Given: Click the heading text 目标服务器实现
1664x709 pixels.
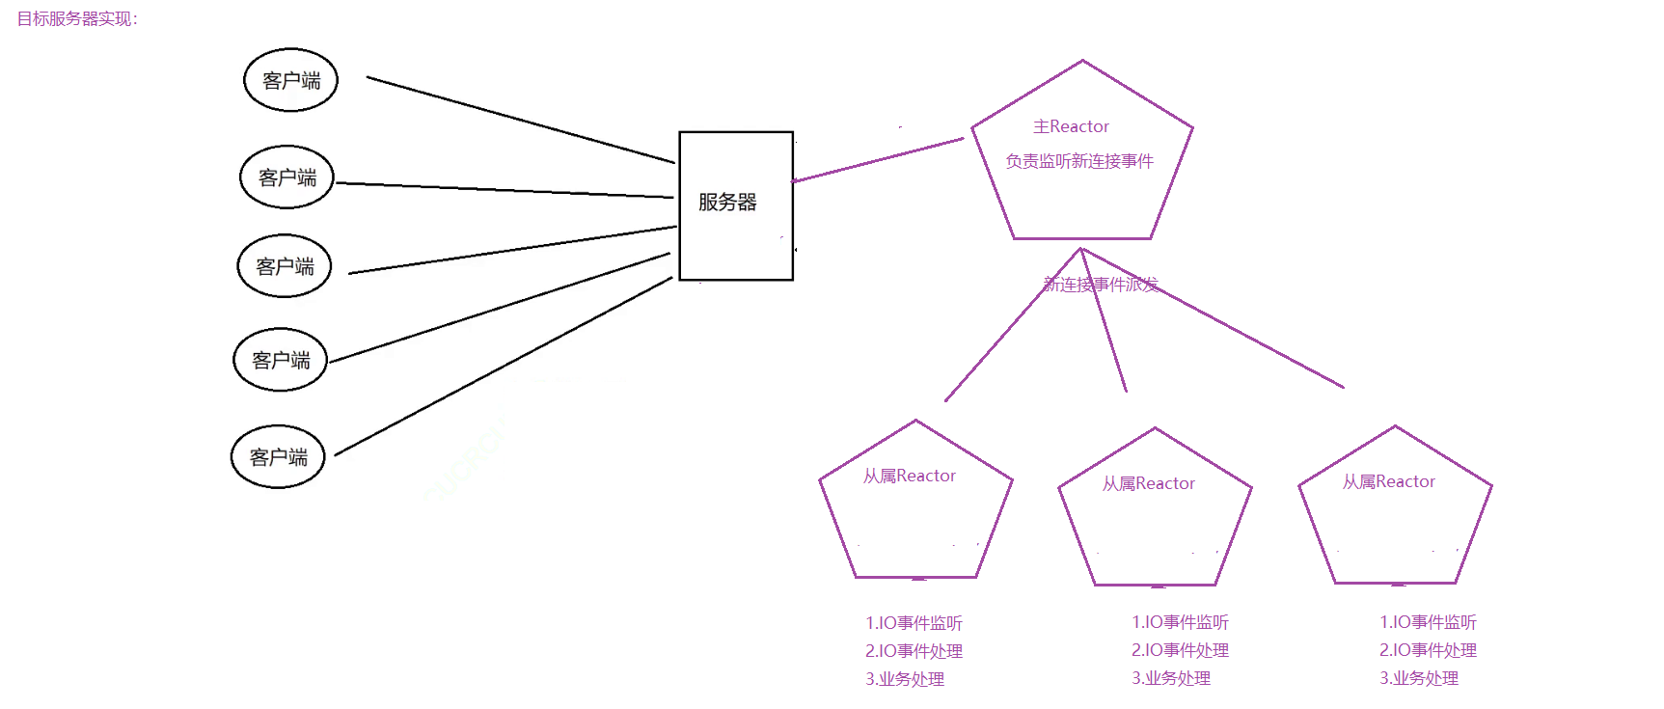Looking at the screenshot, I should click(x=77, y=19).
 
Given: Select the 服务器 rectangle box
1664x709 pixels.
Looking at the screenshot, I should click(x=735, y=205).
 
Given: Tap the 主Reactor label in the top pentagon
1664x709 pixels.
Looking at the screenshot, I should click(x=1071, y=126).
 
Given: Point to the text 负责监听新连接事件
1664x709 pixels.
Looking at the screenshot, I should click(x=1078, y=161).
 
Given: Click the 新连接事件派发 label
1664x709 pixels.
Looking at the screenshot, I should click(x=1101, y=284).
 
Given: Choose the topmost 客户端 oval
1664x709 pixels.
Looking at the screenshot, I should click(x=290, y=80).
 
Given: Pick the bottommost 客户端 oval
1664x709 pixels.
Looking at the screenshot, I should click(x=278, y=456).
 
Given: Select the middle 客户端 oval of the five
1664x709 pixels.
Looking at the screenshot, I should click(x=285, y=266).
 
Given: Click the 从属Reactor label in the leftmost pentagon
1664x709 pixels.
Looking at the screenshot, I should click(x=909, y=476).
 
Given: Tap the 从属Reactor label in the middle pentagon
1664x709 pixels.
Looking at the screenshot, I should click(x=1148, y=483).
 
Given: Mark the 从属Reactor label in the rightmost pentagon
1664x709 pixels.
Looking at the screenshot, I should click(x=1388, y=481).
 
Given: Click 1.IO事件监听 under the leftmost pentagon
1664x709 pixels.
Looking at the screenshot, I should click(x=914, y=623).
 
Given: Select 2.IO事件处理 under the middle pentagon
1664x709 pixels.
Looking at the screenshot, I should click(x=1180, y=650).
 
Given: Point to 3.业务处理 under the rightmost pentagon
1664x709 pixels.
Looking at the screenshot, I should click(x=1418, y=678).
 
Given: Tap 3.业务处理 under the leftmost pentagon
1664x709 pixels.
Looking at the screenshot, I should click(x=904, y=679).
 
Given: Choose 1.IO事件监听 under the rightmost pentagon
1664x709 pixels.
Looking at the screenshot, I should click(x=1428, y=622).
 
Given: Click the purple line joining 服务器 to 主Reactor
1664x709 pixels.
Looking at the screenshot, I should click(x=878, y=160).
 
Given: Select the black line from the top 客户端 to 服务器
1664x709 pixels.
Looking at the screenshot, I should click(x=521, y=120).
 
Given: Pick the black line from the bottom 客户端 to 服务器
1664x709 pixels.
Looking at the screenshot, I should click(x=502, y=367).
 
